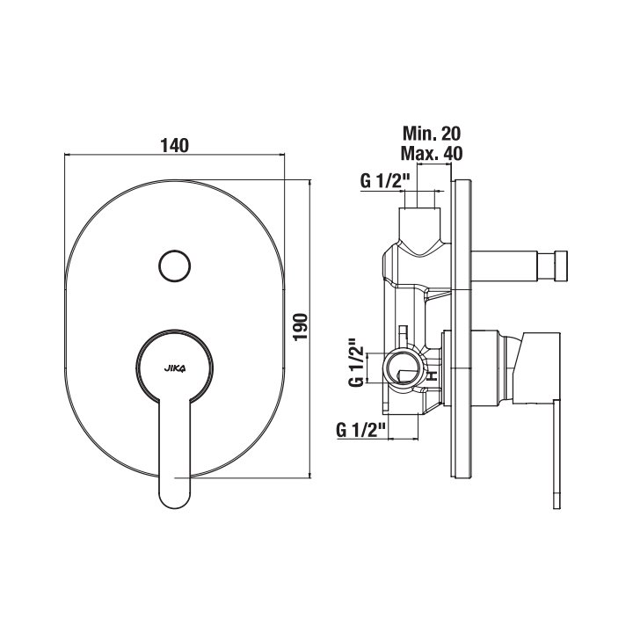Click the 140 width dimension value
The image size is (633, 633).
174,145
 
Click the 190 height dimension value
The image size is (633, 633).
301,327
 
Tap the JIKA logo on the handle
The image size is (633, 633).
175,368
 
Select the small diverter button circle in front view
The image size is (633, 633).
174,266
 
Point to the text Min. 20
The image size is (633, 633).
432,133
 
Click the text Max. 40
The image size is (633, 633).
432,153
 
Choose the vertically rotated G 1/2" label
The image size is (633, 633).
356,361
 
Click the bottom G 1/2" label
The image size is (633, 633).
361,430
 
